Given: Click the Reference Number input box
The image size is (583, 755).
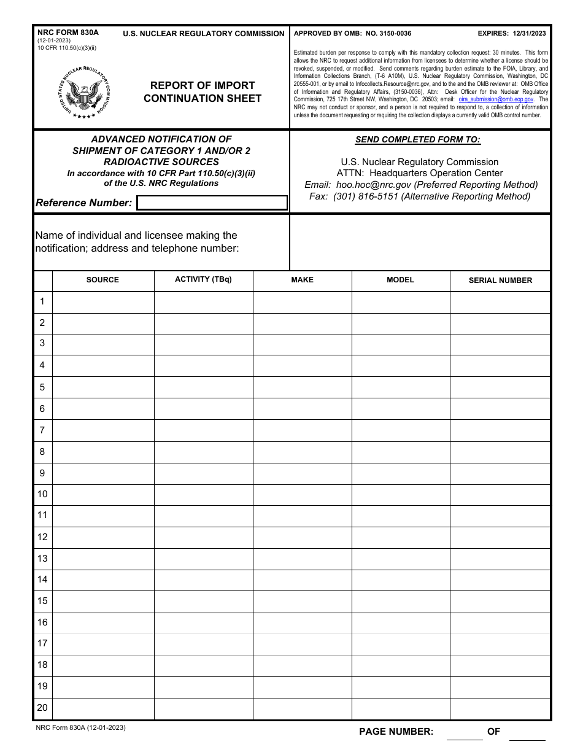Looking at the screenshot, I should point(212,203).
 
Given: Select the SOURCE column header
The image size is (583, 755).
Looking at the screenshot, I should point(102,280).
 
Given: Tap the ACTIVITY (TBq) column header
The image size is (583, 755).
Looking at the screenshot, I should point(203,280).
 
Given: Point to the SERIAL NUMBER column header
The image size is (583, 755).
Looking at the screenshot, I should point(500,281).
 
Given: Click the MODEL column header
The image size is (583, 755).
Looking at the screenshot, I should point(400,280).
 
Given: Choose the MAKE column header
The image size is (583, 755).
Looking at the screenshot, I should point(302,280).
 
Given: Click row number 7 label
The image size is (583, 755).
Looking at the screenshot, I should point(42,430).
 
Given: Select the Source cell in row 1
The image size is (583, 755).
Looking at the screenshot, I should point(103,302).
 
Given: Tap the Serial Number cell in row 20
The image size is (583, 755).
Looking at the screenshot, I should point(500,708).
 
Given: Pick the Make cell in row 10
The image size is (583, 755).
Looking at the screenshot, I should point(302,495).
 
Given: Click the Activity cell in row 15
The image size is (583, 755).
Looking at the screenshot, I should point(203,601).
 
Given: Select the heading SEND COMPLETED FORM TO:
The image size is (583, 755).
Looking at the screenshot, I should point(418,140).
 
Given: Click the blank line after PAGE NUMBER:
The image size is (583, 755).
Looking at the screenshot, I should point(464,732).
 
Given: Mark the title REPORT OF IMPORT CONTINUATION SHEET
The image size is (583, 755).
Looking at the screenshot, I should point(203,92).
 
